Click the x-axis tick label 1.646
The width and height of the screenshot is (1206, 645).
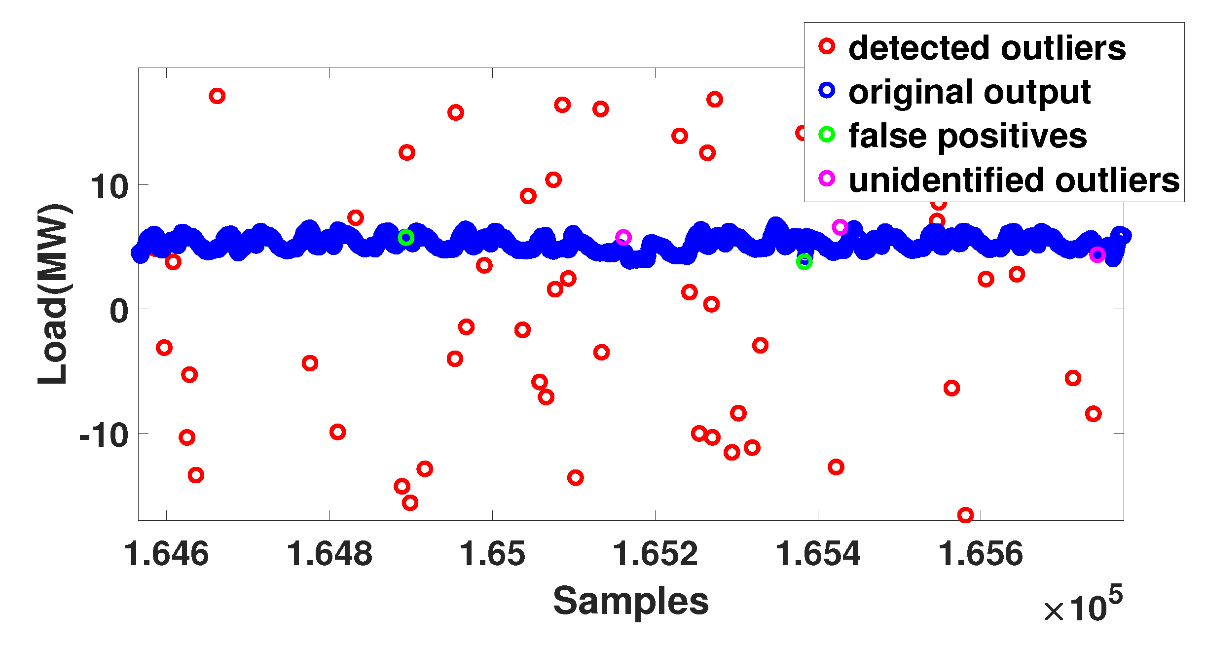(166, 553)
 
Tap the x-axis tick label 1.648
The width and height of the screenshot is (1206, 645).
(329, 553)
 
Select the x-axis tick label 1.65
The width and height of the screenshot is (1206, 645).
(492, 553)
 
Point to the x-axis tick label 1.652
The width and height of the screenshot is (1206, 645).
(655, 553)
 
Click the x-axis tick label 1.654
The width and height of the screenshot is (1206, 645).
(818, 553)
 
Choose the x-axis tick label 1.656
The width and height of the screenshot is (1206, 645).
(981, 553)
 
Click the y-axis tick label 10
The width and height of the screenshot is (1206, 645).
(109, 187)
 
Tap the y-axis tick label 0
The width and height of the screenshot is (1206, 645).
(119, 311)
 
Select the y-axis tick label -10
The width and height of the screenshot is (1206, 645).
(104, 435)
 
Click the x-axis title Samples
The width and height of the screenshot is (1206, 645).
(630, 601)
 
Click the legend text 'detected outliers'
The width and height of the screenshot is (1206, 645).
(987, 48)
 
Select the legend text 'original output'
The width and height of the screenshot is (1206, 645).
(969, 92)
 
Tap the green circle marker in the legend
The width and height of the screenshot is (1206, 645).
(827, 134)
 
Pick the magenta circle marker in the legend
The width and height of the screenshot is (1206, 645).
(827, 178)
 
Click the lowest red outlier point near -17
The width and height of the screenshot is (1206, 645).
(965, 515)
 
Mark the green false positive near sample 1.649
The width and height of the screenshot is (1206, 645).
(405, 238)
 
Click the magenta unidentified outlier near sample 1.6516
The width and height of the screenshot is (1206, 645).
(623, 237)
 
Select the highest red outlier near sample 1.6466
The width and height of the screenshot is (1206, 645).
(217, 96)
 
